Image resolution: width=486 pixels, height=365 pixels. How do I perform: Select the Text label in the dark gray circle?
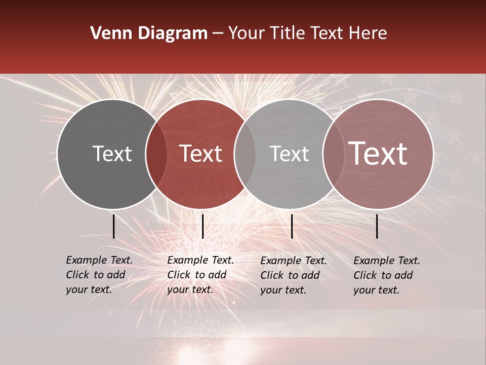tap(112, 154)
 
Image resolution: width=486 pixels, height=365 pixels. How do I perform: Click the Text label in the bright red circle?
tap(201, 154)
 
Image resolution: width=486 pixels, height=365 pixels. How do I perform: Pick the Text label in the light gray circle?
tap(289, 154)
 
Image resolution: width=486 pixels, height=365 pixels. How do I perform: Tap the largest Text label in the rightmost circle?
tap(378, 154)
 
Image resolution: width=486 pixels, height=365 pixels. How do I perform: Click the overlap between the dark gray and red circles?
tap(156, 154)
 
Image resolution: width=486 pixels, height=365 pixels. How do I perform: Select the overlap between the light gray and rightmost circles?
tap(332, 154)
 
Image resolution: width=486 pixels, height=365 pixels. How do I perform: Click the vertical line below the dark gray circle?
tap(113, 226)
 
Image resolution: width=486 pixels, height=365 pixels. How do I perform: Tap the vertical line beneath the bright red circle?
tap(202, 226)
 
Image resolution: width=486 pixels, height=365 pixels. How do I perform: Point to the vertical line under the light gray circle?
tap(292, 226)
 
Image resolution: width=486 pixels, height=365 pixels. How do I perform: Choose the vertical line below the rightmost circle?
tap(377, 226)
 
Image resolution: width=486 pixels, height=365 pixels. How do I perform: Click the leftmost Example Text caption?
tap(99, 275)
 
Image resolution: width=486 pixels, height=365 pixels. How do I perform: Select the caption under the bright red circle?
tap(200, 275)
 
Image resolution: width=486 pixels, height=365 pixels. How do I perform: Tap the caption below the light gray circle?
tap(293, 275)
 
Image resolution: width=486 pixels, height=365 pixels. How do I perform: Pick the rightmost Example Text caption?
tap(386, 275)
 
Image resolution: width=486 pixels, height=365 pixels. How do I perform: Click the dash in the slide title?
tap(218, 34)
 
